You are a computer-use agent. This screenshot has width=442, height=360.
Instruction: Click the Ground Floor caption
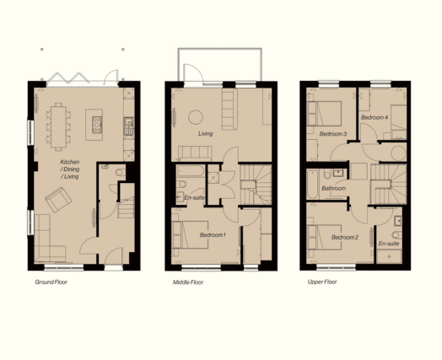point(51,282)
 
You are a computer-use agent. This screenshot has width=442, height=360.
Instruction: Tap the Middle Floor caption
point(188,282)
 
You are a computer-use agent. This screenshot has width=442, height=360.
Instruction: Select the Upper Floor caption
point(322,282)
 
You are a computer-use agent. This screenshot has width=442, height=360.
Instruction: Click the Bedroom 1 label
point(213,234)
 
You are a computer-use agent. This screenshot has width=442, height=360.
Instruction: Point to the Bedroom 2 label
point(345,237)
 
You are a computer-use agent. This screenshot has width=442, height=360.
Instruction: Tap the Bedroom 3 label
point(333,134)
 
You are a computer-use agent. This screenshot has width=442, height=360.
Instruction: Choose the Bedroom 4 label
point(375,117)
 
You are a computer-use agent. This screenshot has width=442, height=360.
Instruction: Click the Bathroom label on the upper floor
point(334,188)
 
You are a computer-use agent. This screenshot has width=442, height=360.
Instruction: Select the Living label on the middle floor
point(205,133)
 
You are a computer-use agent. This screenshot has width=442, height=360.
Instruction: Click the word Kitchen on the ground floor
point(70,162)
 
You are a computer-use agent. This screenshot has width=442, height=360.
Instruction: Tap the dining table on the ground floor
point(59,126)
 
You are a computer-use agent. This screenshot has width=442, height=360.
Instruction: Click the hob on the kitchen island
point(97,125)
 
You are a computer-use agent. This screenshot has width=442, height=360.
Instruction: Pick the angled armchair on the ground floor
point(58,200)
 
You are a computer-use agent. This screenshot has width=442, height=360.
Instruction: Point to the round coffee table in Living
point(196,117)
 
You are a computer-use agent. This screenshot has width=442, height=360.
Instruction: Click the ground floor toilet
point(121,172)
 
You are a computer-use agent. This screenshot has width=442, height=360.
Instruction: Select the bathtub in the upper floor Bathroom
point(312,184)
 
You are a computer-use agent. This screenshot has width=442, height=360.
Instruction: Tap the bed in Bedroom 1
point(190,235)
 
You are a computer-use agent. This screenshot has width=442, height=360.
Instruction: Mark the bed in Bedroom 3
point(324,114)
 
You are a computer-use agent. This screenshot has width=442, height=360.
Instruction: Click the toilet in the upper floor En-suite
point(396,234)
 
